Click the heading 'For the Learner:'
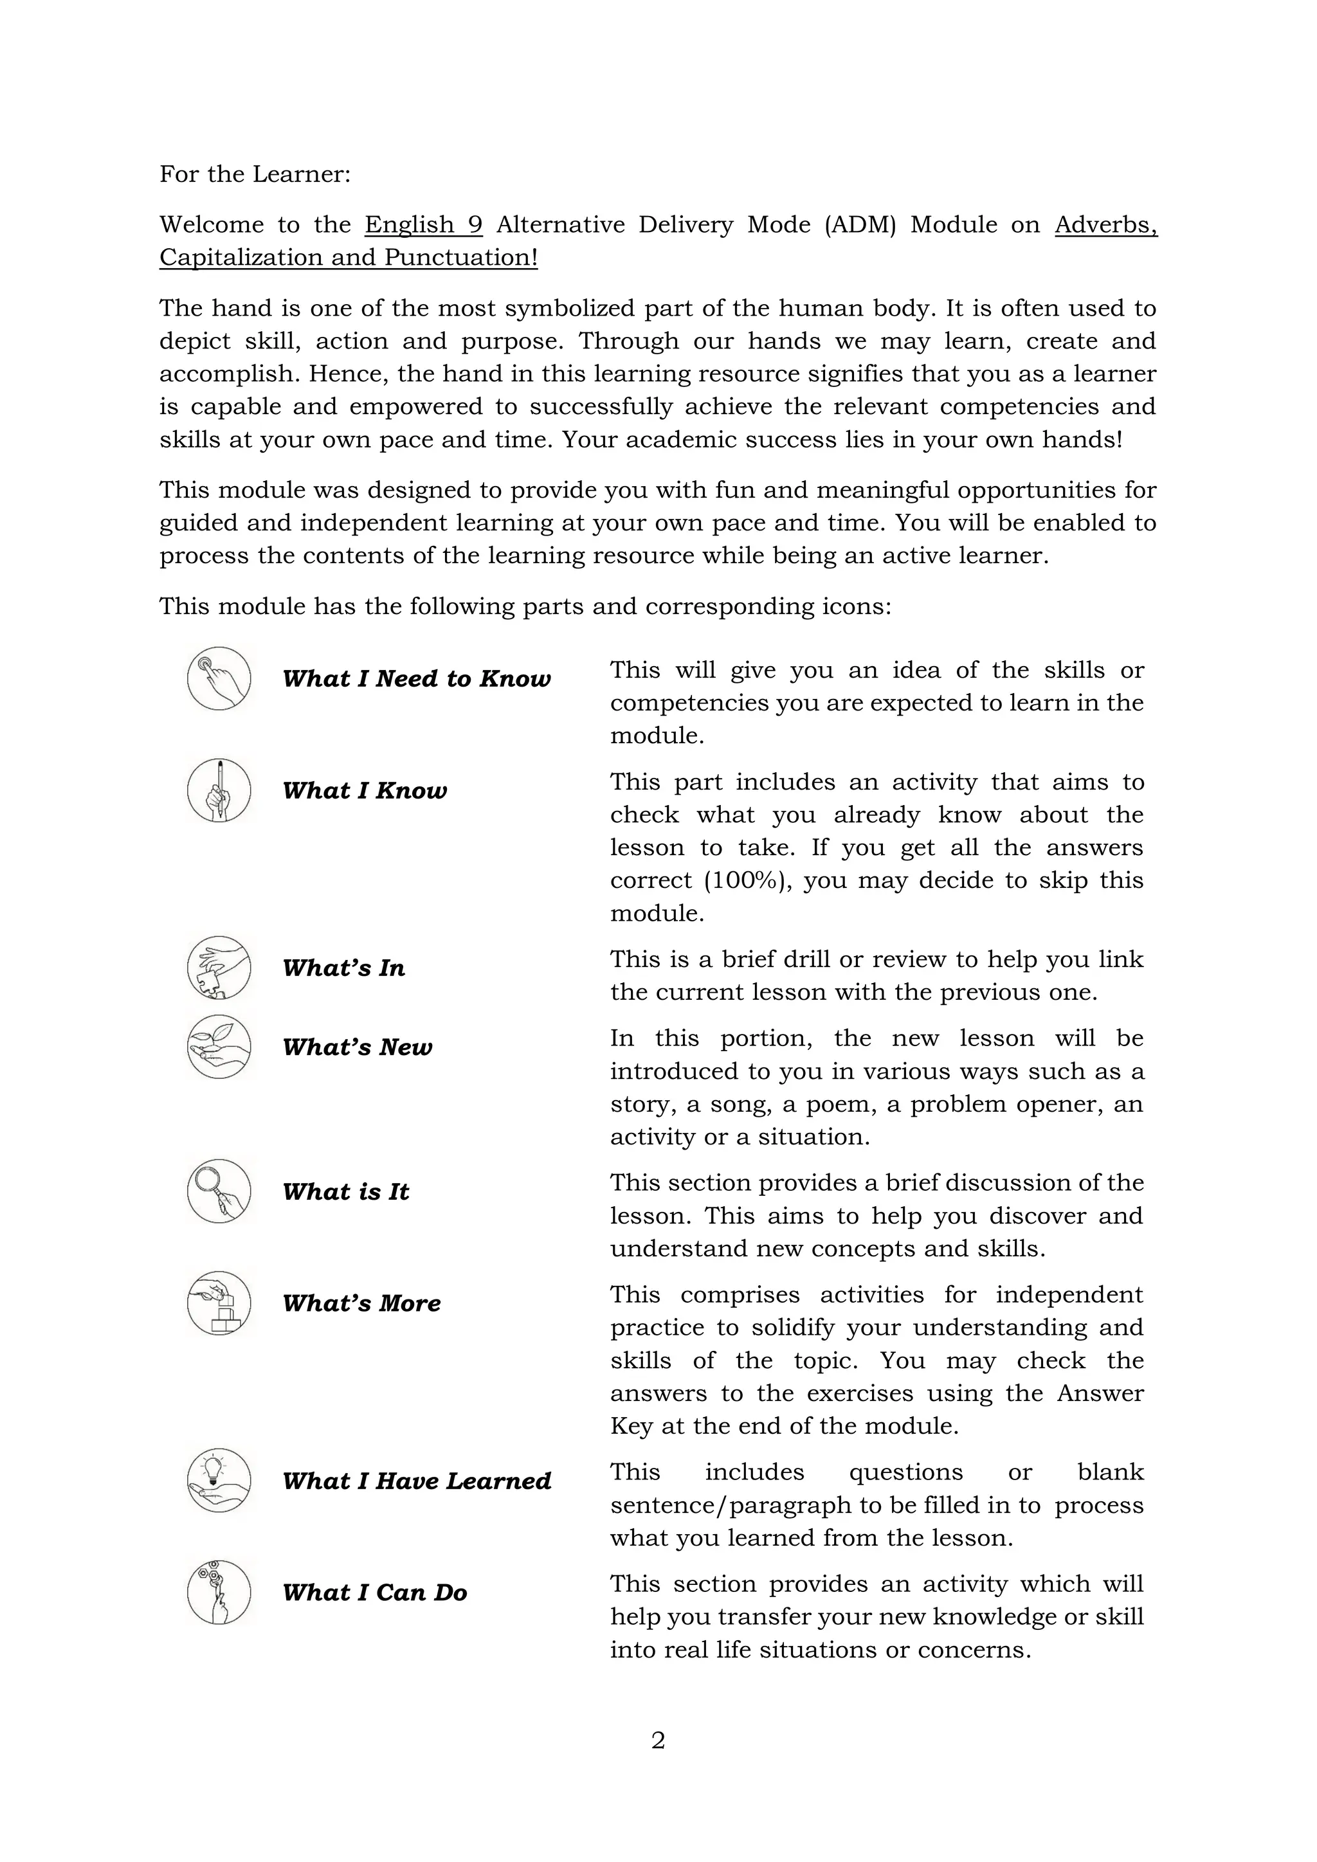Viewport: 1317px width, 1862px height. coord(255,174)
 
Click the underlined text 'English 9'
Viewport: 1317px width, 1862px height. coord(423,224)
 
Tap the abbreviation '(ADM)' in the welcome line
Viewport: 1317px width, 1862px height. coord(860,224)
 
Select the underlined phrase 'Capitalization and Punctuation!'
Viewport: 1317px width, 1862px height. coord(349,258)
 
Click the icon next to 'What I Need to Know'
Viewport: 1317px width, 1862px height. coord(219,678)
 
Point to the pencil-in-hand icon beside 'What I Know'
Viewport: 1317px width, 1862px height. coord(219,790)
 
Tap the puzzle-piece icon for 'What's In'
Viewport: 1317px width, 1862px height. coord(219,968)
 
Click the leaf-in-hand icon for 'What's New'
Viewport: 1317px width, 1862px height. coord(219,1046)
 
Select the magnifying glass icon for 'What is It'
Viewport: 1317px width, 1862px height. coord(219,1191)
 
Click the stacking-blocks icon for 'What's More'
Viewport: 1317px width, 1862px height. coord(219,1303)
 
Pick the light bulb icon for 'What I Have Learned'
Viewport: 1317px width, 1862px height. coord(219,1481)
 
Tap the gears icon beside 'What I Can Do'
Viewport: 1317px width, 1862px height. coord(219,1593)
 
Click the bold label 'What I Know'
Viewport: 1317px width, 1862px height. coord(364,791)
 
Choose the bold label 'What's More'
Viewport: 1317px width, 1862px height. coord(361,1303)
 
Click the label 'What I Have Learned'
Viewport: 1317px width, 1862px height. coord(416,1481)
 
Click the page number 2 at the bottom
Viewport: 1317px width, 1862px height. coord(658,1740)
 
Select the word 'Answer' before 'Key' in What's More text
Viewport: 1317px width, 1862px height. coord(1100,1393)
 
